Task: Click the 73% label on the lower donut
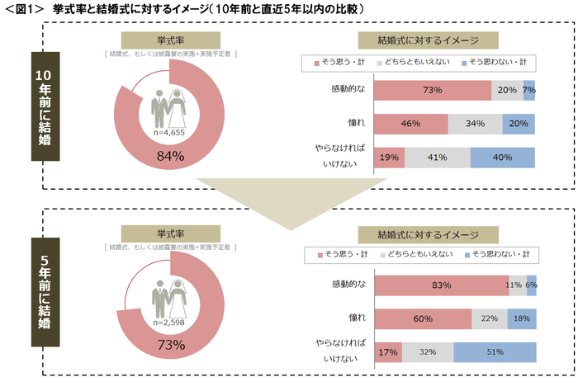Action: pyautogui.click(x=171, y=344)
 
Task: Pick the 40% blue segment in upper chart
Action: pyautogui.click(x=502, y=157)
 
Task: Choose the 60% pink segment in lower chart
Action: pyautogui.click(x=423, y=318)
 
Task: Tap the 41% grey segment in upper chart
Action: pyautogui.click(x=437, y=157)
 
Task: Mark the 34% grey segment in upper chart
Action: pyautogui.click(x=475, y=123)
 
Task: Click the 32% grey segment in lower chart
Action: pyautogui.click(x=427, y=351)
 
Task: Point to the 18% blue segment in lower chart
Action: pyautogui.click(x=521, y=318)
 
